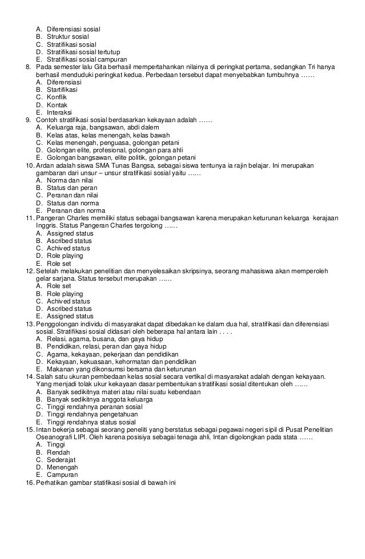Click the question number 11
click(x=29, y=218)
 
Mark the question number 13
click(x=29, y=323)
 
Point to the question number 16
click(x=29, y=482)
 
